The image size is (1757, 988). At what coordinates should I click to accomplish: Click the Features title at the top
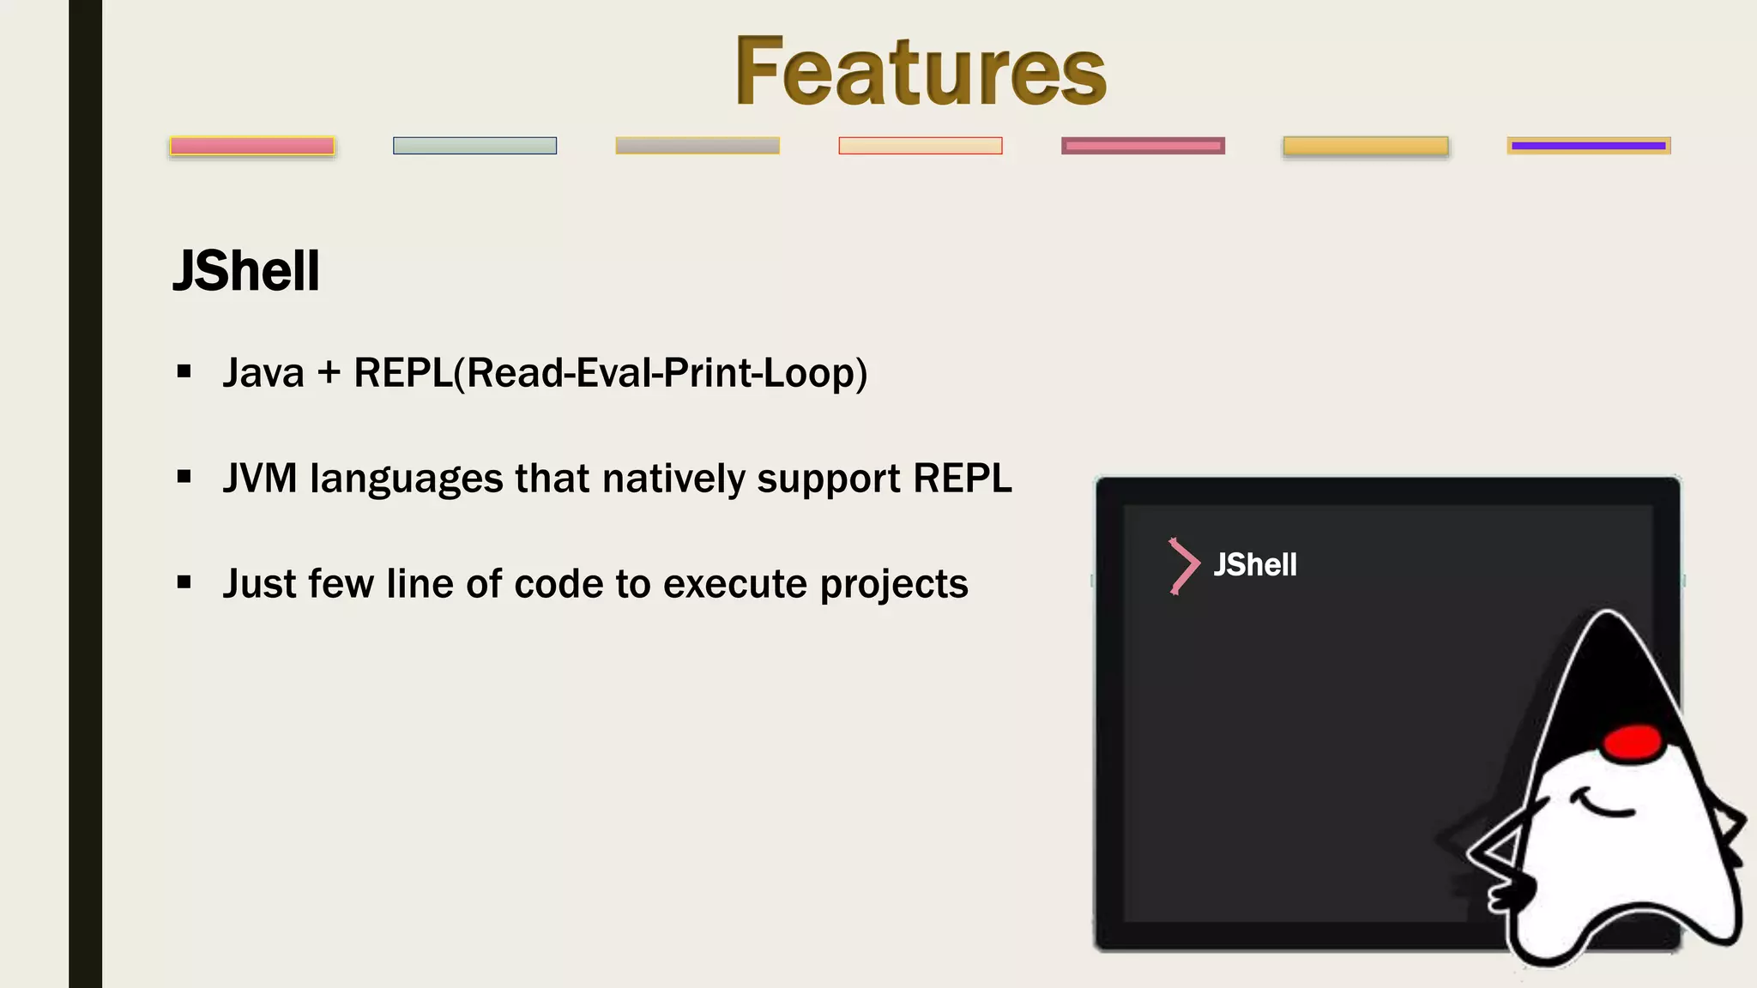920,72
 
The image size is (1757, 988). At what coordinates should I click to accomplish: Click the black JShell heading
246,271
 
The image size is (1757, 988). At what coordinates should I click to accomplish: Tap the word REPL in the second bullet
962,479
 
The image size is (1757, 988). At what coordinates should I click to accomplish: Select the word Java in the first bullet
263,373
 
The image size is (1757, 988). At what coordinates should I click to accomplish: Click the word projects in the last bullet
893,585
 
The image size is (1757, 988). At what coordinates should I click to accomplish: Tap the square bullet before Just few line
184,583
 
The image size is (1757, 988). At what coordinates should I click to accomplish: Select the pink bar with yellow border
251,146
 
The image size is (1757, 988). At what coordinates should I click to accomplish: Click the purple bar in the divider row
1588,146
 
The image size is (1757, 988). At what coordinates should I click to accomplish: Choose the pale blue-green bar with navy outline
474,146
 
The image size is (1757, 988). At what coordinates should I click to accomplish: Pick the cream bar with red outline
920,146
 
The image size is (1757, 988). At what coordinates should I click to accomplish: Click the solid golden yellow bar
1365,147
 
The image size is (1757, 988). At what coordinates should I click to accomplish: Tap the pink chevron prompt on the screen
1184,566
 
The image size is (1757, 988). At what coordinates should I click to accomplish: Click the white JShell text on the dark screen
1254,565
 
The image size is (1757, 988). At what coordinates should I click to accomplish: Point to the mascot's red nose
1633,742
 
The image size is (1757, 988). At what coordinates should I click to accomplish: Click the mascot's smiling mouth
1604,806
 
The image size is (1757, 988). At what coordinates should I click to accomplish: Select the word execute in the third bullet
735,585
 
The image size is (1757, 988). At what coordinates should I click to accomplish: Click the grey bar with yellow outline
697,146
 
